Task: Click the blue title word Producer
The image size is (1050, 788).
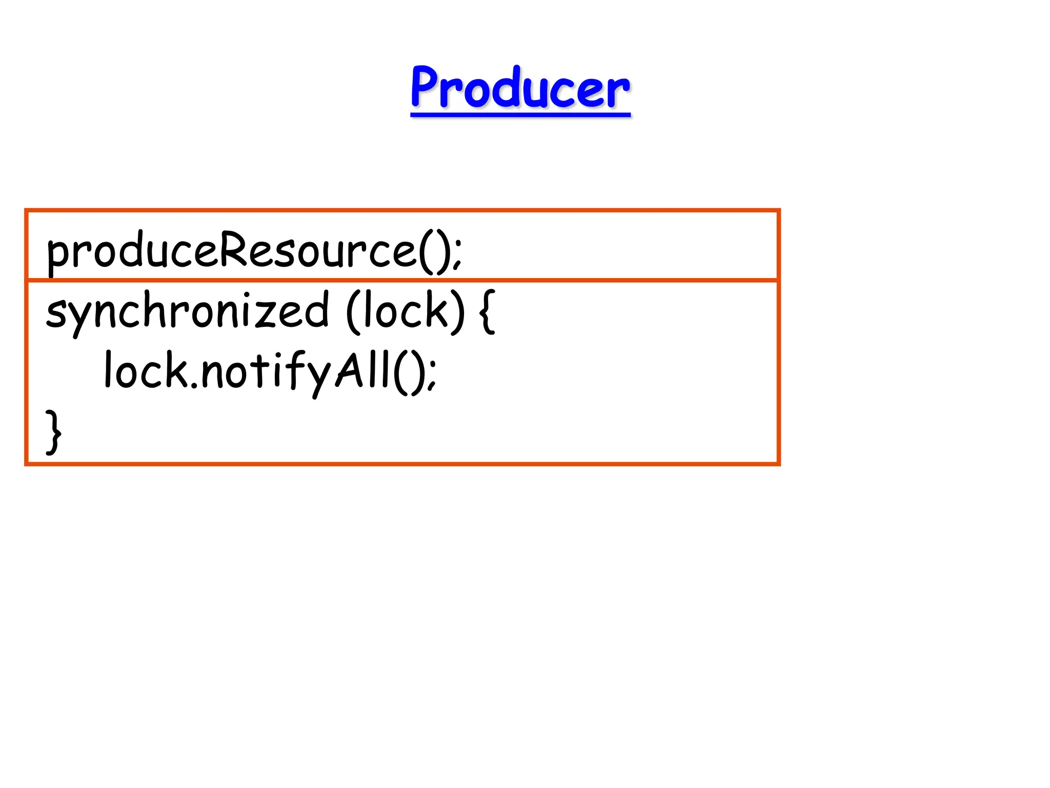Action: (x=520, y=88)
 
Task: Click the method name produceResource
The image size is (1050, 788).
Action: (x=231, y=251)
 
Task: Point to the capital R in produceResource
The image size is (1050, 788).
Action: (x=233, y=248)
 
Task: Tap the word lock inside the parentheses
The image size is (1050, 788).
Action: (x=405, y=311)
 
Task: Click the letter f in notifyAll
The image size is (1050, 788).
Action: (x=293, y=369)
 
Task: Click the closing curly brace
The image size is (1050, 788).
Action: (x=53, y=431)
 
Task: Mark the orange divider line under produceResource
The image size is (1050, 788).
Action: (x=615, y=281)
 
